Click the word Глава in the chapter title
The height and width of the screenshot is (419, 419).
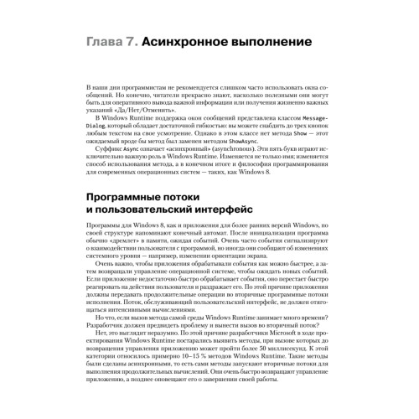[x=107, y=40]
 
